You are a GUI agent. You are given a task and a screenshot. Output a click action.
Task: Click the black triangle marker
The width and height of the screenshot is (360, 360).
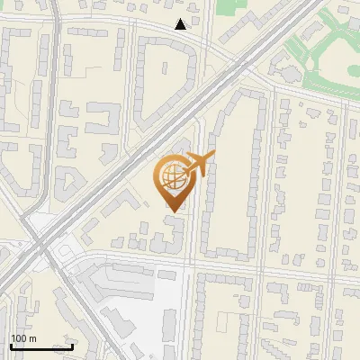(x=181, y=24)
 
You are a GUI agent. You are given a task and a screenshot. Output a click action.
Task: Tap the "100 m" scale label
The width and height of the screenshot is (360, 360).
(x=23, y=338)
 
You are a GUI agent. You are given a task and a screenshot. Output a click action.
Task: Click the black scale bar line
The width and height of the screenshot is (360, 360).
(x=41, y=347)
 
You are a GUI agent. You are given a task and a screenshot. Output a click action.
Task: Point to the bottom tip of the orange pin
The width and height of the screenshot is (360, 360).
(x=172, y=211)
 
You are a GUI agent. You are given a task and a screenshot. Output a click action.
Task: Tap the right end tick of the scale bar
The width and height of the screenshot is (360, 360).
(x=73, y=346)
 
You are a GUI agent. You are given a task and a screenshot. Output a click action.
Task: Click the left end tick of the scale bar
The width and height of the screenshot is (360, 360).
(x=10, y=346)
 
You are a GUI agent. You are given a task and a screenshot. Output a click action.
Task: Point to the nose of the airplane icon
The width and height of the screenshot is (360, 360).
(x=212, y=157)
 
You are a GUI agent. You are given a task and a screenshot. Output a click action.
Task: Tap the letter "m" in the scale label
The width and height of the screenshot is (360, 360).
(x=32, y=338)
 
